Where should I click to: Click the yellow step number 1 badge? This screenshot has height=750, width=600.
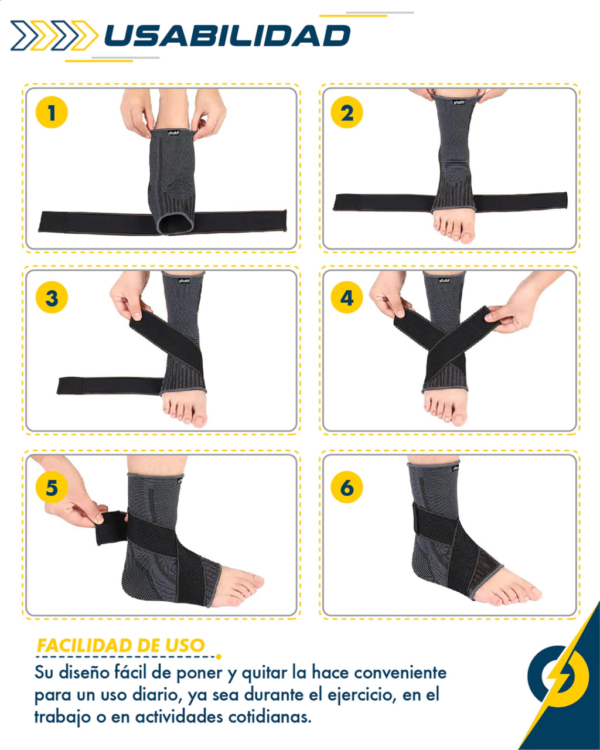[52, 112]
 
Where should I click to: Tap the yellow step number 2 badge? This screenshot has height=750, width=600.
[346, 112]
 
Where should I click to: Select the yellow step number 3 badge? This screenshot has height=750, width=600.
[52, 297]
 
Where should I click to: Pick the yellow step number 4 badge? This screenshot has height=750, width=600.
[346, 297]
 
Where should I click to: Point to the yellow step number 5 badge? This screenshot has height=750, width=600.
[52, 487]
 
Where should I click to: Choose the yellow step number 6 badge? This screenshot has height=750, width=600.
[346, 487]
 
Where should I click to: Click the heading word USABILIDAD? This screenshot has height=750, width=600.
[227, 36]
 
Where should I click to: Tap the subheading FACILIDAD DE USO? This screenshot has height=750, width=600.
[121, 645]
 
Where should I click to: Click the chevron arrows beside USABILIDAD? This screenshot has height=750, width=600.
[54, 36]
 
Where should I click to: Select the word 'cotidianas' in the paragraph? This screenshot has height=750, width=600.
[270, 717]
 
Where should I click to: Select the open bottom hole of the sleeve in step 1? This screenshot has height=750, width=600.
[175, 223]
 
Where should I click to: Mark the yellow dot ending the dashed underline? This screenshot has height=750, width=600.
[219, 657]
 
